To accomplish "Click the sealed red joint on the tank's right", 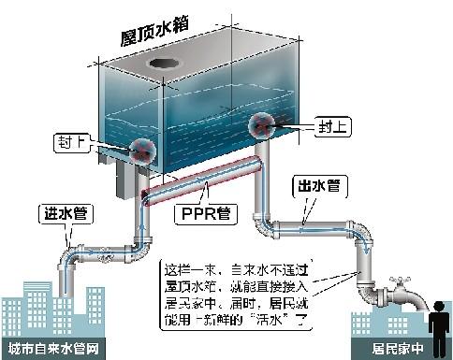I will [x=261, y=126].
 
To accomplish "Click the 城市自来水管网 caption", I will [x=51, y=350].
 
